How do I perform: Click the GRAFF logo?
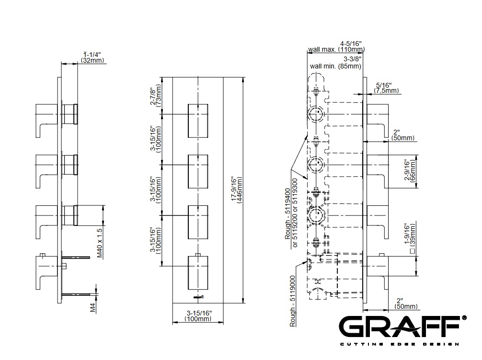click(402, 327)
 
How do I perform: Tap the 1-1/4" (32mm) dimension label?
click(92, 57)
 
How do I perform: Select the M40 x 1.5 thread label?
click(99, 243)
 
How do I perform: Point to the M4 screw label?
click(93, 307)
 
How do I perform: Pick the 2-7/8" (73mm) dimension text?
click(156, 96)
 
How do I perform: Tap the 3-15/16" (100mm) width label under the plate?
click(198, 316)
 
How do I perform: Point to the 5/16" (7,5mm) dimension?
click(386, 88)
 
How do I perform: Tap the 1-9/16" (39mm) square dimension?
click(410, 238)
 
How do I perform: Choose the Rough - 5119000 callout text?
click(293, 301)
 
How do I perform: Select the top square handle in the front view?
click(198, 121)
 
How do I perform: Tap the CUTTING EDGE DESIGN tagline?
click(400, 344)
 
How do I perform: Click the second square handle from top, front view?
click(198, 171)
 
